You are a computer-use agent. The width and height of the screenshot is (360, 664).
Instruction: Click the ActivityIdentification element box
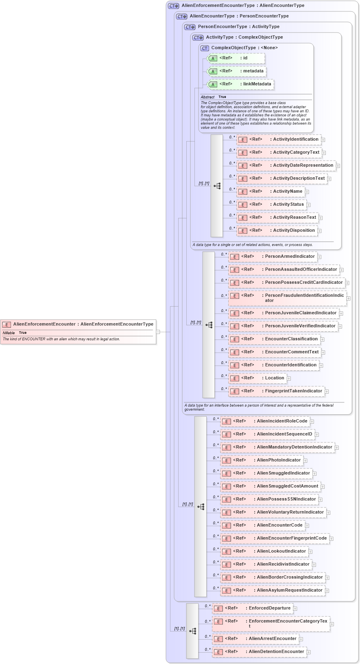point(279,139)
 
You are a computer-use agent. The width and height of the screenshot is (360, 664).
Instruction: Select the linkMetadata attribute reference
point(240,84)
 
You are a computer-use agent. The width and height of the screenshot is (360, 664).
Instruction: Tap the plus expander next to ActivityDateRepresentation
point(338,166)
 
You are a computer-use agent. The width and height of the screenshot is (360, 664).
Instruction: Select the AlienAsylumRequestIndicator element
point(273,590)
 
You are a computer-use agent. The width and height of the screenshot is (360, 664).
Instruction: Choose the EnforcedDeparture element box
point(253,608)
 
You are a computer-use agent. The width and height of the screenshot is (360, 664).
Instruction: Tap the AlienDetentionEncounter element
point(259,652)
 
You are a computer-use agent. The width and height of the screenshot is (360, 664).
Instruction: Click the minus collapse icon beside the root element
point(158,332)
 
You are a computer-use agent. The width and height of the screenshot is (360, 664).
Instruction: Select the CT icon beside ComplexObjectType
point(205,48)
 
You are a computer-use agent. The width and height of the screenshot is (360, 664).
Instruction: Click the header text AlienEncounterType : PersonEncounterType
point(239,16)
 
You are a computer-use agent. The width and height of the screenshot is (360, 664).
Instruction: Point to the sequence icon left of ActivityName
point(217,186)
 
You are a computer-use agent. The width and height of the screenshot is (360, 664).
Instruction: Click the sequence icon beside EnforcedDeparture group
point(193,631)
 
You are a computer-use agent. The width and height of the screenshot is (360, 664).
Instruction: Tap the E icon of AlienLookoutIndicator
point(227,552)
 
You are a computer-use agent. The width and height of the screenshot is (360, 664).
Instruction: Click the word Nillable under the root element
point(9,333)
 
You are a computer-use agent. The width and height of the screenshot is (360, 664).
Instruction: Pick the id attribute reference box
point(236,58)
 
